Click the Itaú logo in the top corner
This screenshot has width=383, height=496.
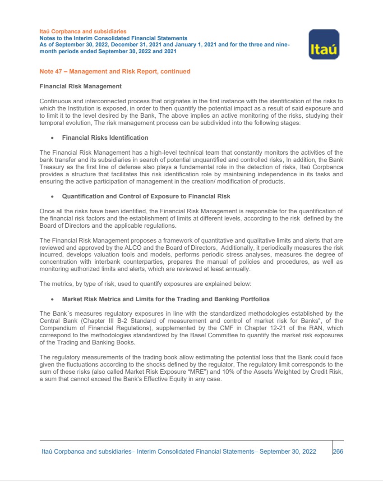pos(323,44)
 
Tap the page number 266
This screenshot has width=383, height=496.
pos(338,451)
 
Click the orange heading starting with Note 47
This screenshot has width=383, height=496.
pos(115,71)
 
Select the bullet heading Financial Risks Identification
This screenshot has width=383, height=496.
pos(105,138)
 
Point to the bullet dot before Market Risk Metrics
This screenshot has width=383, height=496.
pos(53,299)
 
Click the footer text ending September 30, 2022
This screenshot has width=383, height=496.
pos(179,451)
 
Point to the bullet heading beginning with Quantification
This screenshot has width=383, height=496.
pos(146,196)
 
